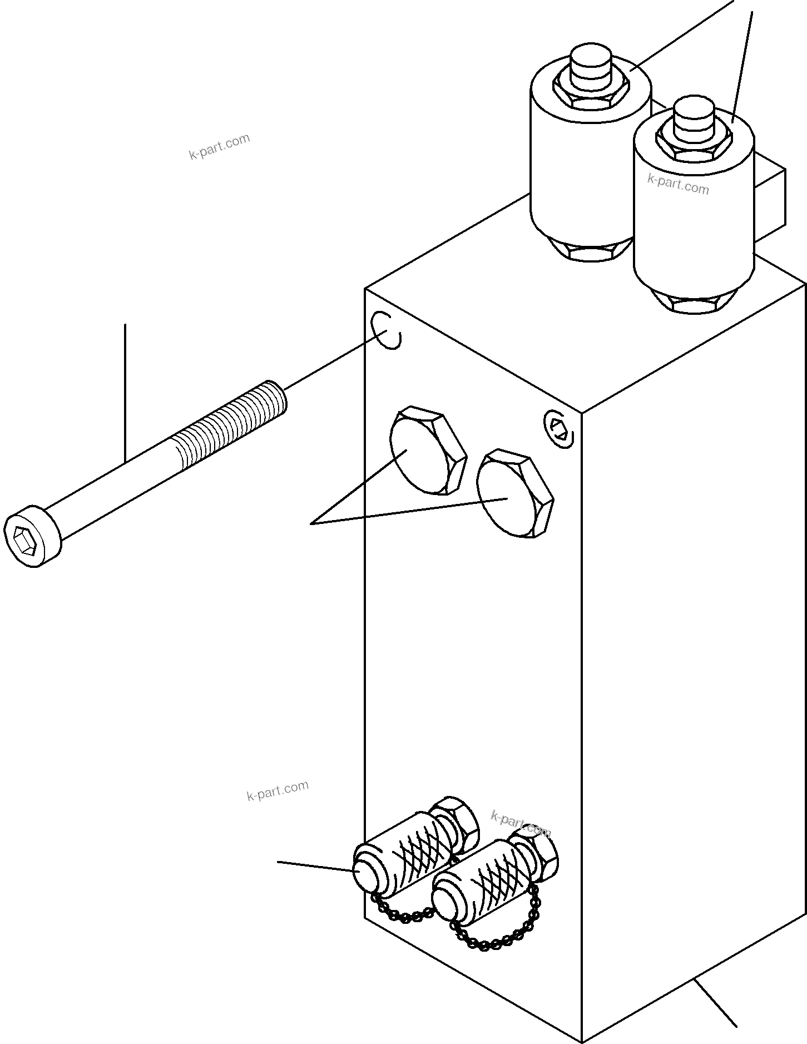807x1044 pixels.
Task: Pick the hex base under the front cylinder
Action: [x=695, y=302]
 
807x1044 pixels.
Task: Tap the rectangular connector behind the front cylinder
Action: [x=770, y=197]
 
